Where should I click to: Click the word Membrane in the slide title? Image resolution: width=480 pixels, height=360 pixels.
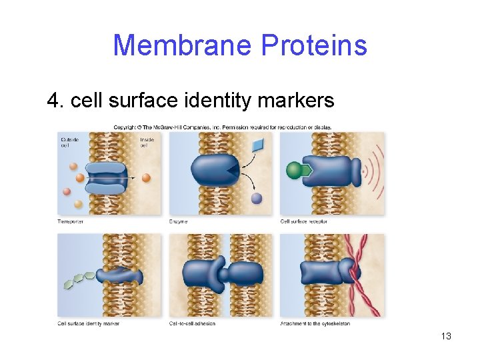coord(182,45)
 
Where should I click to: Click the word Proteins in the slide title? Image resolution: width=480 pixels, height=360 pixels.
coord(314,45)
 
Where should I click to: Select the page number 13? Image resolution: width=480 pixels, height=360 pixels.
coord(446,336)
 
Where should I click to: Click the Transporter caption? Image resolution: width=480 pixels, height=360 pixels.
coord(70,221)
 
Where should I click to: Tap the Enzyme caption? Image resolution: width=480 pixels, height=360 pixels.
coord(178,221)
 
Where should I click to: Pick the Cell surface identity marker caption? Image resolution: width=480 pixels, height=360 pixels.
coord(88,324)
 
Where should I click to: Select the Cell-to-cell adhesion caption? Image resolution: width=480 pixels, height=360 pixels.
coord(193,324)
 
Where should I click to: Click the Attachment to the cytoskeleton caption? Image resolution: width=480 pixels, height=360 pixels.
coord(315,324)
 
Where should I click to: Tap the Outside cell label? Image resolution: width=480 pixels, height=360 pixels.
coord(69,142)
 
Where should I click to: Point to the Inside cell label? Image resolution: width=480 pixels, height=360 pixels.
coord(147,142)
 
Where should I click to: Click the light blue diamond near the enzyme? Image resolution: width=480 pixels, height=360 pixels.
coord(258,144)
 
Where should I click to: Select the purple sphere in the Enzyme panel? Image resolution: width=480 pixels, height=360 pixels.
coord(257,198)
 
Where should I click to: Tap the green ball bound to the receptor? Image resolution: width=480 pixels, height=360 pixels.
coord(294,171)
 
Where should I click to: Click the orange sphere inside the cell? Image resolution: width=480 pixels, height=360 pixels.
coord(147,178)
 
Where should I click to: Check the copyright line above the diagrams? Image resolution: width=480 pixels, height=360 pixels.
coord(222,127)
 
